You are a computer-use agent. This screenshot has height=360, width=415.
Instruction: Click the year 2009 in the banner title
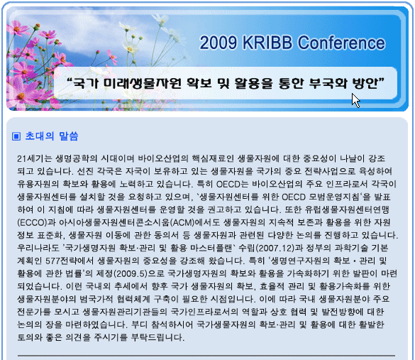tap(218, 43)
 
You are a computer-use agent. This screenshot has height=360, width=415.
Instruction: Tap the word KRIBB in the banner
tap(267, 43)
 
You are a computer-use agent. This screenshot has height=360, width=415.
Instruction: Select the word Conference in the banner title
tap(341, 43)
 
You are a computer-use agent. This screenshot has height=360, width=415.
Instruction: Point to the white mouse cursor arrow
tap(355, 100)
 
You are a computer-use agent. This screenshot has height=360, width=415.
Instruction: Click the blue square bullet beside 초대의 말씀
tap(16, 136)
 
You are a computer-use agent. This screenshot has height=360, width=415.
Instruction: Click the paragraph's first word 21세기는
tap(35, 158)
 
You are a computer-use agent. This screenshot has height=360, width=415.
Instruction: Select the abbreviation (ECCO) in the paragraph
tap(32, 222)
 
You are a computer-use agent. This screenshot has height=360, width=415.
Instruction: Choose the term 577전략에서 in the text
tap(70, 261)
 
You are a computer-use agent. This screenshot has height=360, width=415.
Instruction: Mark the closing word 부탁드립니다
tap(157, 337)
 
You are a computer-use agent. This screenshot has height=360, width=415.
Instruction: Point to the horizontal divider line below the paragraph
tap(206, 356)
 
